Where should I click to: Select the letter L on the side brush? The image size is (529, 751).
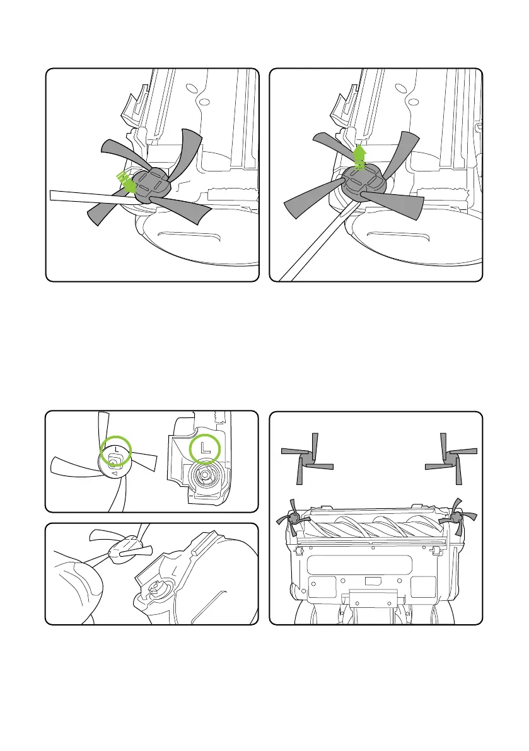pos(115,447)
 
